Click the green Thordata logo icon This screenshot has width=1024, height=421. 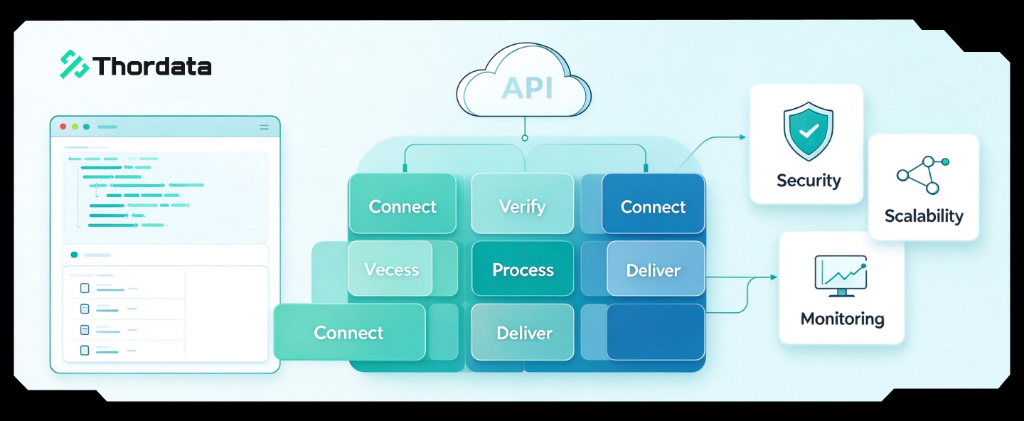click(74, 65)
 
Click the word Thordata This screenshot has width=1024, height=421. click(152, 66)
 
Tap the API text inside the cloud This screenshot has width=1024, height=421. click(527, 87)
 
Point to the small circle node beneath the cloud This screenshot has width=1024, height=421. click(525, 138)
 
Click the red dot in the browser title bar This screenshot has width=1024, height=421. click(63, 127)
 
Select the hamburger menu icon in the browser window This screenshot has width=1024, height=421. click(265, 127)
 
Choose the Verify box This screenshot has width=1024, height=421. click(523, 203)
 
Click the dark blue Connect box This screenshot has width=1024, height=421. click(654, 203)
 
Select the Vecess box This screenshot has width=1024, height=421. click(390, 268)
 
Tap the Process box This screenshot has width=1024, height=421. click(523, 268)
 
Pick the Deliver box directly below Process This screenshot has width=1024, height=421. click(523, 332)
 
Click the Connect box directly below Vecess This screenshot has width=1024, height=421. click(349, 332)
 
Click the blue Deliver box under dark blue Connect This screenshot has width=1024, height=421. click(656, 268)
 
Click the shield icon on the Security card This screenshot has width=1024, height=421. click(809, 131)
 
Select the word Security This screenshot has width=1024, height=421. click(809, 181)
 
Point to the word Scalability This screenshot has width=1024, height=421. click(924, 215)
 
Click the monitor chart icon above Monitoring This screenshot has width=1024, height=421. click(841, 276)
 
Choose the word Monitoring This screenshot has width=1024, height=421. click(842, 319)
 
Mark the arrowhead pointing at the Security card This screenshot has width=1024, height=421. click(743, 137)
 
